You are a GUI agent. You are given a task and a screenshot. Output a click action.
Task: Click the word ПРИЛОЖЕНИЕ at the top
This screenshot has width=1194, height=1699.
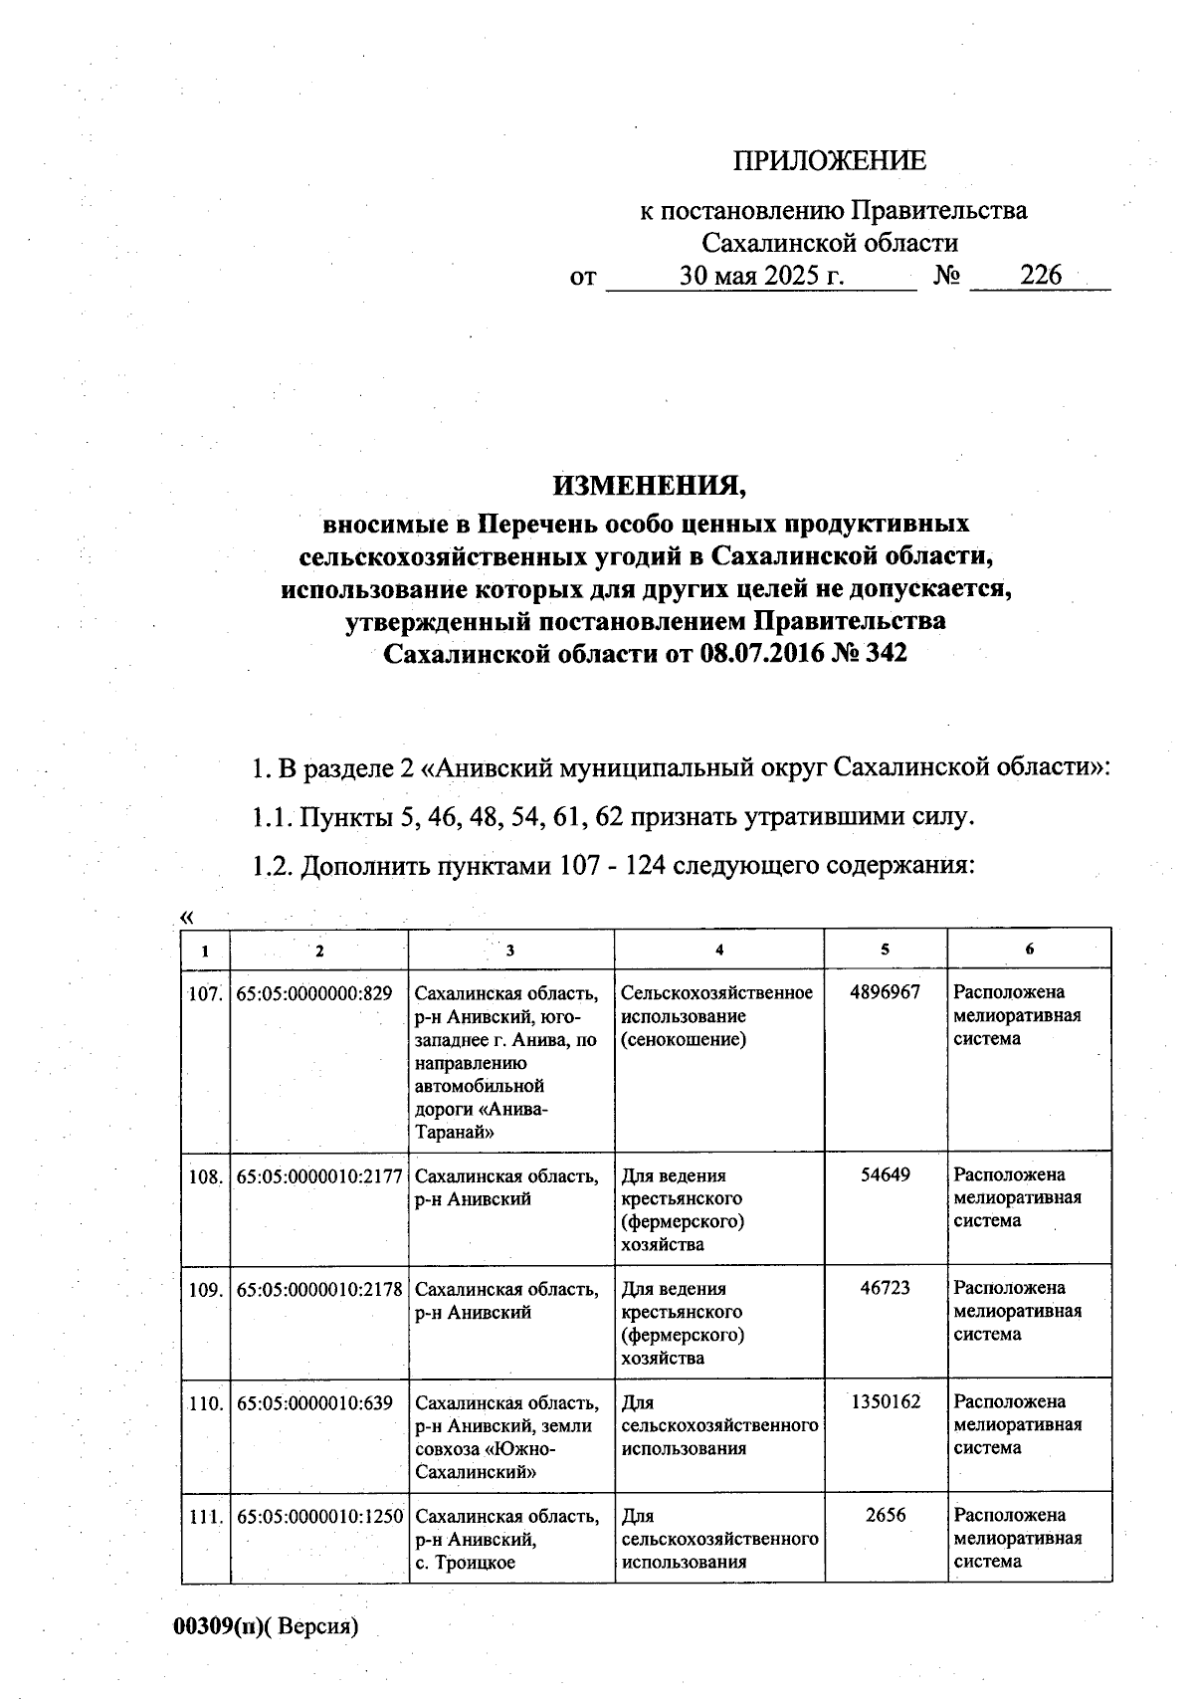[x=829, y=161]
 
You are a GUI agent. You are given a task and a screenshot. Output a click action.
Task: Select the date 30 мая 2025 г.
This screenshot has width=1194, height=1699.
[x=761, y=276]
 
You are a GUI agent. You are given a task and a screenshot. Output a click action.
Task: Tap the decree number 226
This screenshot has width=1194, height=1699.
[x=1041, y=276]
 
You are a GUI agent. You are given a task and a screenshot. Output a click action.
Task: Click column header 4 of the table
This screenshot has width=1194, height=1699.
[x=719, y=950]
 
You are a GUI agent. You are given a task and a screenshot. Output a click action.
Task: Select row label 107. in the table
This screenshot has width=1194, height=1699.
[x=205, y=992]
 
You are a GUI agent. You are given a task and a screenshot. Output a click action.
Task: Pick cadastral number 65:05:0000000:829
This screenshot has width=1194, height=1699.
[x=314, y=992]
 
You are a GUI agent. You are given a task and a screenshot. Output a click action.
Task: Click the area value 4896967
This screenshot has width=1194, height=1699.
[x=886, y=991]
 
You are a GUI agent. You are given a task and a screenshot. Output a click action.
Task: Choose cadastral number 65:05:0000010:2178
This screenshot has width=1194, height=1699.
[x=319, y=1289]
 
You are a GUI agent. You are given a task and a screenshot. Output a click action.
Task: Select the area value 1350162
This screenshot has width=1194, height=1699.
[x=886, y=1401]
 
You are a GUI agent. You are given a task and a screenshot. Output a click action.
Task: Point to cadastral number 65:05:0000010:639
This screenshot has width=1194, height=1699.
[x=314, y=1402]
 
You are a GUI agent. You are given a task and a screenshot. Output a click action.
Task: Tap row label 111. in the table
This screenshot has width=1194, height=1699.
[x=205, y=1516]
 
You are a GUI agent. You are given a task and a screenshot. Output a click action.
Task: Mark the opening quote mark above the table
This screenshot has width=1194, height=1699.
[x=186, y=917]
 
